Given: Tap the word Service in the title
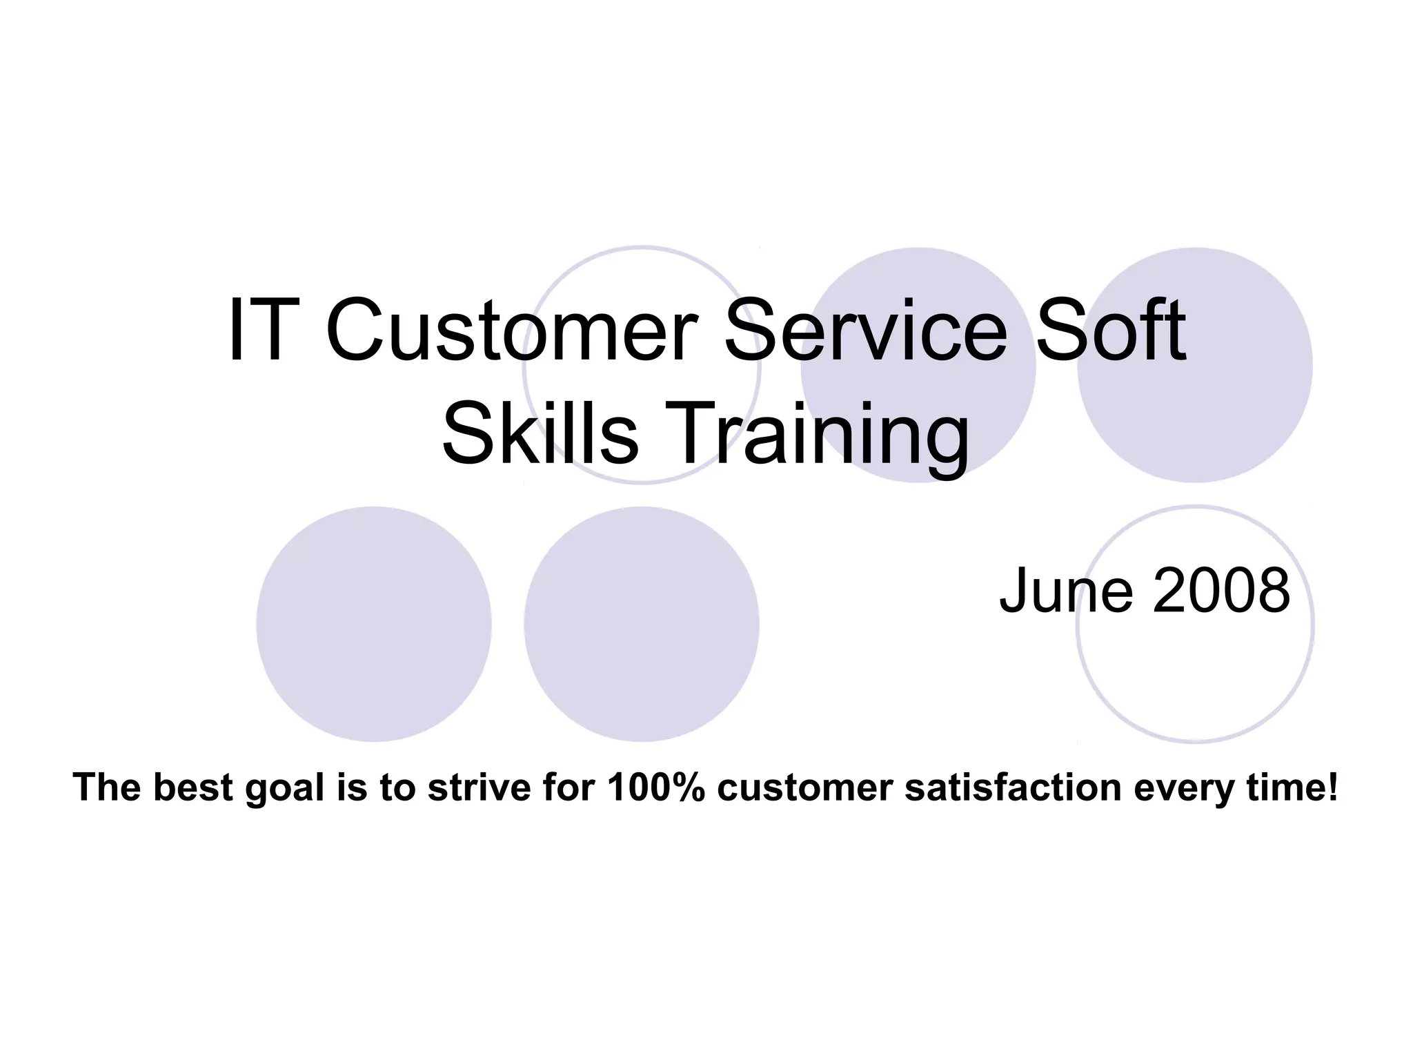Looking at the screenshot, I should click(865, 331).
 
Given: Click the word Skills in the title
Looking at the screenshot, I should click(540, 435).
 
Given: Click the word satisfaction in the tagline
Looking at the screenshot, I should click(1013, 787).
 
